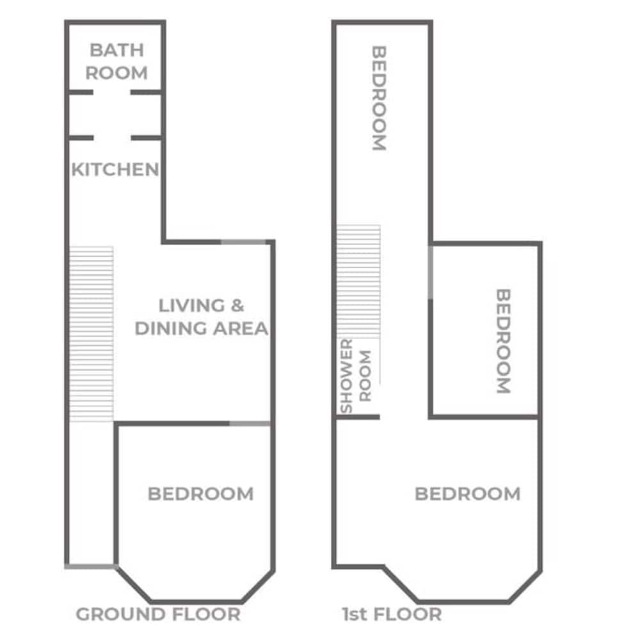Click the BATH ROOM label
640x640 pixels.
tap(116, 61)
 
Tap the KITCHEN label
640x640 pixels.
tap(115, 170)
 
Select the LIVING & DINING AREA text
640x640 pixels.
tap(201, 317)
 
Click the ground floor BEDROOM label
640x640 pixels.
tap(200, 494)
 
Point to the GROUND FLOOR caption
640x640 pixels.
tap(158, 614)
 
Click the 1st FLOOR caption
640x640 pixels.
tap(392, 614)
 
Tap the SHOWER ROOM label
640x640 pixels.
tap(355, 376)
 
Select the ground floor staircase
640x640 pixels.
tap(91, 334)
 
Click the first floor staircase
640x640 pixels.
tap(358, 282)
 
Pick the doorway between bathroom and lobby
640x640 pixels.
tap(112, 93)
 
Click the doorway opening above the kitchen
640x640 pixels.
tap(112, 138)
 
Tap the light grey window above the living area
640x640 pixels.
tap(243, 242)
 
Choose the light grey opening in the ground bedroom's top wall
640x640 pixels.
tap(250, 424)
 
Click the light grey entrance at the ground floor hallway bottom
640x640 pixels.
tap(91, 566)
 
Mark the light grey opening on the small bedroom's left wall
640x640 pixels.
tap(430, 272)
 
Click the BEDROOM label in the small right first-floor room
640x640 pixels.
tap(503, 341)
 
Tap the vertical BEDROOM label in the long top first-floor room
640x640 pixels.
tap(379, 98)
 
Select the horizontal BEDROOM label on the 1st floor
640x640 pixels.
tap(468, 494)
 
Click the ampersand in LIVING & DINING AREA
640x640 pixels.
tap(237, 305)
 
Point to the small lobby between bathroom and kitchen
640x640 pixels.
tap(115, 115)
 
